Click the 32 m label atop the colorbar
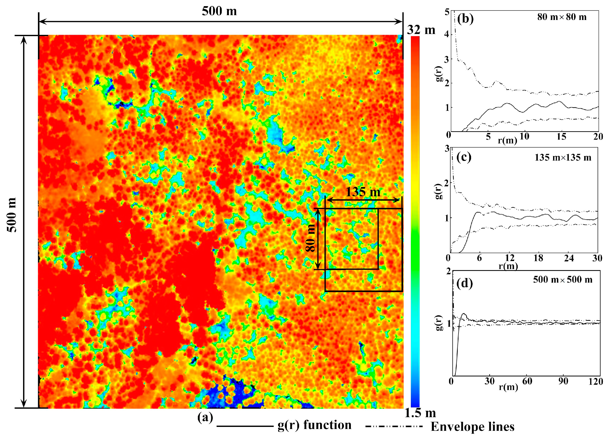coord(421,30)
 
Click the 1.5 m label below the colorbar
coord(420,413)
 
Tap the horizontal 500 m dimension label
coord(219,11)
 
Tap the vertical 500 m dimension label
coord(12,215)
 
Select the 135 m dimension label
coord(363,192)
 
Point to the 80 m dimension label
coord(311,238)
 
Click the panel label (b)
coord(465,19)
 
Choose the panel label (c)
coord(464,157)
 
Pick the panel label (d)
coord(465,283)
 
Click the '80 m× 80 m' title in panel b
coord(562,17)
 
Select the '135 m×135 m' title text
coord(563,158)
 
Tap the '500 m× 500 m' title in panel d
coord(563,280)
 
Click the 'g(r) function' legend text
coord(314,425)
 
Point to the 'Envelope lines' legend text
coord(472,427)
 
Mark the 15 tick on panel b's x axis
coord(562,137)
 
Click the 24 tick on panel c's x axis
coord(569,258)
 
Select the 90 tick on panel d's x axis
coord(563,382)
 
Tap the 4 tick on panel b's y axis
coord(447,35)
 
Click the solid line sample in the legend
coord(245,426)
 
